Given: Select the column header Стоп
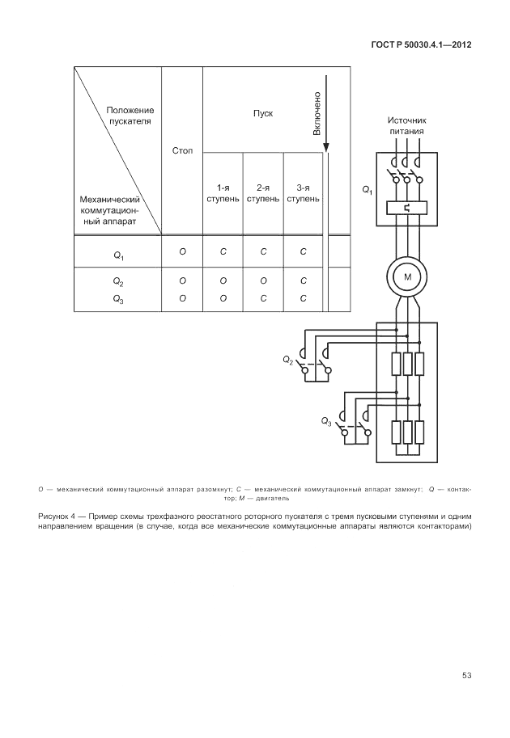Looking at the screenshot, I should tap(182, 151).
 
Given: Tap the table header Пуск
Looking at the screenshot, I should tap(263, 113).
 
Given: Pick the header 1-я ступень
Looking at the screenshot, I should tap(223, 192).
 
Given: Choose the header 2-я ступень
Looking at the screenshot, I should tap(263, 192).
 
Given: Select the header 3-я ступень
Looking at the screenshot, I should tap(304, 192).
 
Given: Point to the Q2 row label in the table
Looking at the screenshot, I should tap(118, 281).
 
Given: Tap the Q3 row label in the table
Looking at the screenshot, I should tap(118, 299).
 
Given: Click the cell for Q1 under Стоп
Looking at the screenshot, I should tap(182, 252).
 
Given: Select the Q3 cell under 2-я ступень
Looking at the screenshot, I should tap(263, 298).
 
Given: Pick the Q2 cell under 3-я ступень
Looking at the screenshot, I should tap(304, 280).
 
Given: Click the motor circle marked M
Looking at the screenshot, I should tap(407, 277).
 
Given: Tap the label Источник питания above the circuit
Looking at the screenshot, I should tap(406, 124).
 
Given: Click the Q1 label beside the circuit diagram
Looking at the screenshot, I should tap(367, 190).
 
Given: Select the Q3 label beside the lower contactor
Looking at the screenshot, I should tap(326, 421).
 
